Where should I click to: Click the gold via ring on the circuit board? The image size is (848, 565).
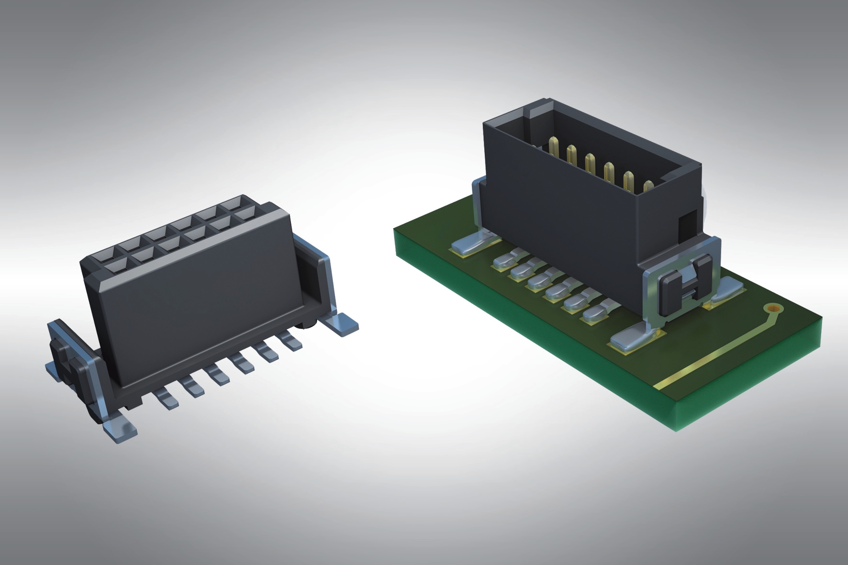point(773,309)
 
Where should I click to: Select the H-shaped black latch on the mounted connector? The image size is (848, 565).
point(684,286)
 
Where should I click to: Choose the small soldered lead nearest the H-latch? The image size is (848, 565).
point(596,313)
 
